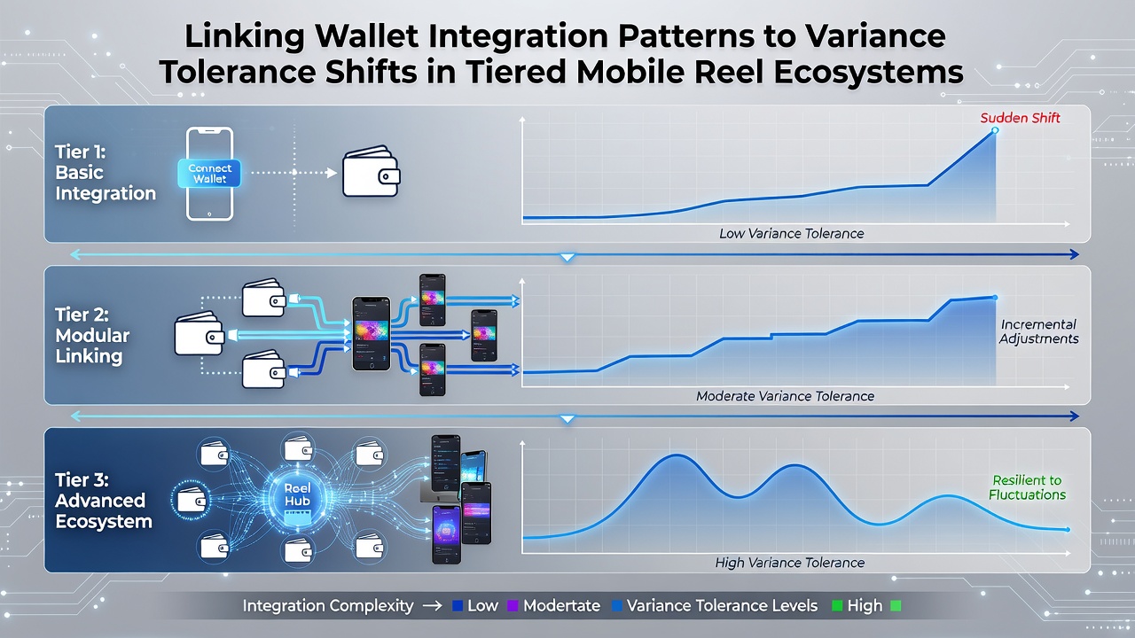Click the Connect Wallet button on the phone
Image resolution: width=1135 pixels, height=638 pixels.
pos(209,173)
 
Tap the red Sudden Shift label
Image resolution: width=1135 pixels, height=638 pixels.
pos(1020,118)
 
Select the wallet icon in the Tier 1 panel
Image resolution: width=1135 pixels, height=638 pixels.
pos(372,172)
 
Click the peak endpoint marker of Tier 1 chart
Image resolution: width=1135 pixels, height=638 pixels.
pos(995,130)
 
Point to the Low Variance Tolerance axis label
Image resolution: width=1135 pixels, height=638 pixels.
pos(792,233)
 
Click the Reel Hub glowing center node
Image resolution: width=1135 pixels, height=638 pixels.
pos(297,495)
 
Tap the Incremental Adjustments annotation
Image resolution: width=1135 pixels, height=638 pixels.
pos(1038,331)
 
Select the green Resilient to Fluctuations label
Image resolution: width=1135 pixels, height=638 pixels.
pos(1028,487)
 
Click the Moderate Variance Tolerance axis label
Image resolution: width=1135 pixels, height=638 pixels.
pos(785,396)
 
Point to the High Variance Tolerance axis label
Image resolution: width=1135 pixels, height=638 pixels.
pos(789,563)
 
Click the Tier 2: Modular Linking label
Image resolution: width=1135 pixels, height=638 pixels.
pos(92,335)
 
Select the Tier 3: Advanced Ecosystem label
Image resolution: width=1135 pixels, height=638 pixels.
pos(104,501)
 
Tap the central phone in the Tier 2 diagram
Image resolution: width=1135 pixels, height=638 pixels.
pos(372,334)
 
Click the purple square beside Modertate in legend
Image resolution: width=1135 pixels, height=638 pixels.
pos(513,605)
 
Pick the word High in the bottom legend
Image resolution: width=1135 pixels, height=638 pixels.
pos(865,605)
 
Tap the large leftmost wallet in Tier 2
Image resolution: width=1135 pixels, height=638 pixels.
pos(200,332)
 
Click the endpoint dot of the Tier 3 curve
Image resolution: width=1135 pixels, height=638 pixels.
pos(1068,530)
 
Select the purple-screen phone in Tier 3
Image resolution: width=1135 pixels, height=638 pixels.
pos(446,534)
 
